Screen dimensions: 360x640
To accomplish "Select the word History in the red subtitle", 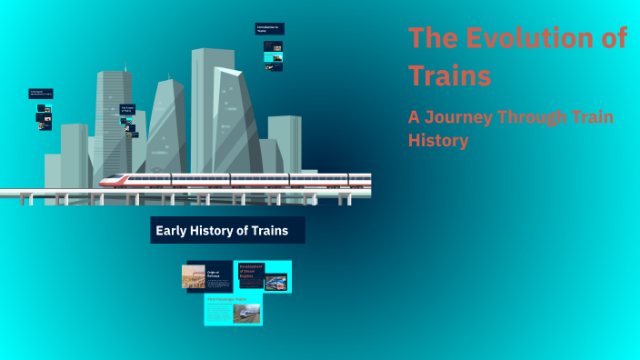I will click(x=438, y=141).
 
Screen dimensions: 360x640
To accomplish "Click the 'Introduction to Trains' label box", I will click(x=269, y=29).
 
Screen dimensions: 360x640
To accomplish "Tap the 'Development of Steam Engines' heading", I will click(x=250, y=270).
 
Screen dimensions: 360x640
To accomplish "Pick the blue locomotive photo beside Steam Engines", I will click(x=275, y=283).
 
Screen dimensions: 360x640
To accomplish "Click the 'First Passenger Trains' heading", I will click(x=226, y=299).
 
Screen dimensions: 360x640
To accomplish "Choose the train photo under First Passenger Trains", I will click(x=245, y=314).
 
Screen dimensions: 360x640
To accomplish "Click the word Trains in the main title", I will click(x=449, y=75).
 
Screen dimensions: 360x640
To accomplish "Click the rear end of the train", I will click(x=365, y=179).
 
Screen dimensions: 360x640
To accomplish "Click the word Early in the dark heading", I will click(x=171, y=231).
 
